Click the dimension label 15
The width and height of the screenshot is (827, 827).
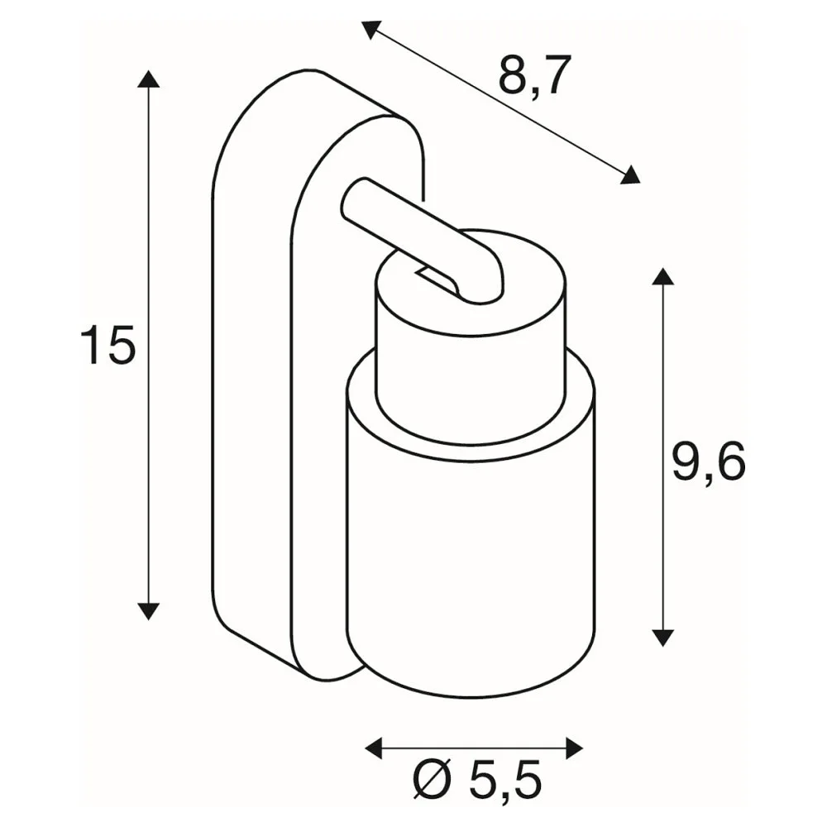pyautogui.click(x=108, y=345)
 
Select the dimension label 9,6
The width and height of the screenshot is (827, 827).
pyautogui.click(x=709, y=462)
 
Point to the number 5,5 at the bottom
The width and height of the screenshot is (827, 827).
pyautogui.click(x=504, y=780)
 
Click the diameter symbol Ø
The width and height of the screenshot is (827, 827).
pyautogui.click(x=433, y=780)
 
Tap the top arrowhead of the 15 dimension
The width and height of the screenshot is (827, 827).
pyautogui.click(x=148, y=78)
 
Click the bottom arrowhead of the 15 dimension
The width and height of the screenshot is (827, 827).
pyautogui.click(x=148, y=611)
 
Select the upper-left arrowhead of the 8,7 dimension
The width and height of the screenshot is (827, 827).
pyautogui.click(x=371, y=30)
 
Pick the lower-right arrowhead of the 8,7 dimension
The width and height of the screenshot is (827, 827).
pyautogui.click(x=630, y=174)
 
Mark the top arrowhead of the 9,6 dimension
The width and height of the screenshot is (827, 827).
pyautogui.click(x=663, y=276)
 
